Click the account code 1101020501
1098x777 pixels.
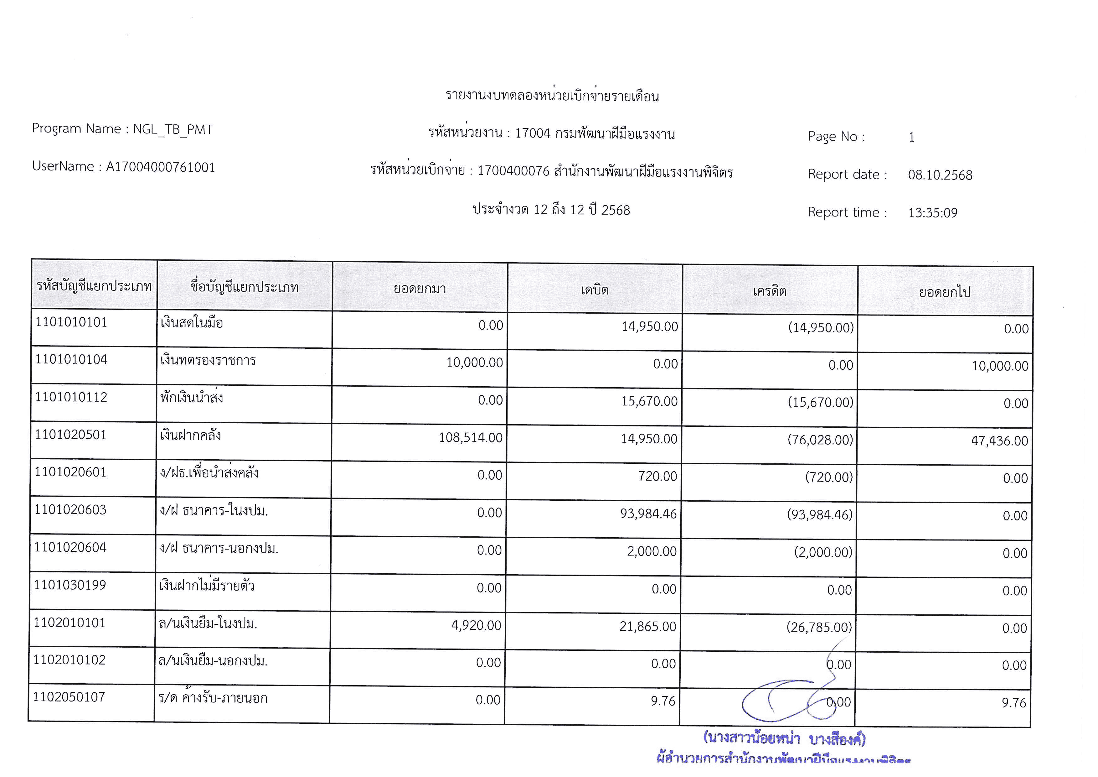click(71, 435)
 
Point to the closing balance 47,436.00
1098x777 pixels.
click(999, 441)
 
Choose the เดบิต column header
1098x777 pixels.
click(595, 289)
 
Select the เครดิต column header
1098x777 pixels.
click(770, 291)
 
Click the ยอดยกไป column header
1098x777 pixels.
click(945, 292)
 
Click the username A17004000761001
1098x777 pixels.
click(160, 167)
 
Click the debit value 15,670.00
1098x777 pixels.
click(649, 401)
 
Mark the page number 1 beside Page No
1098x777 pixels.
click(911, 137)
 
